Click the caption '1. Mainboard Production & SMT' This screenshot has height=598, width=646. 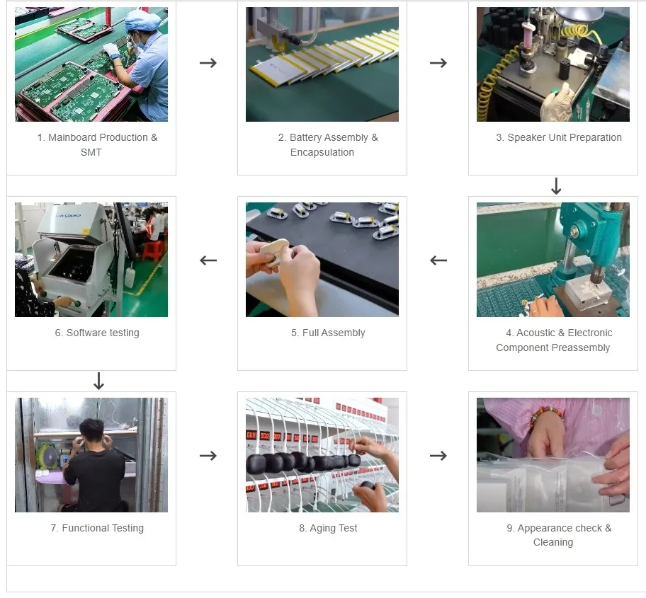[x=97, y=144]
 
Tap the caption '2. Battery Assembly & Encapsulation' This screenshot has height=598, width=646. [x=327, y=144]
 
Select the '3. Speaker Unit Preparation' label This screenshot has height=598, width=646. [x=558, y=137]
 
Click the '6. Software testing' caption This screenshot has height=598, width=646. [x=97, y=333]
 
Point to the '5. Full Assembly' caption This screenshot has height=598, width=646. [x=328, y=333]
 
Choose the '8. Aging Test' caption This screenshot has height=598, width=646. [x=328, y=528]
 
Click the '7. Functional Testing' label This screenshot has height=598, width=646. [x=97, y=528]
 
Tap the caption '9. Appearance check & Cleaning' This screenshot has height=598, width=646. [x=558, y=535]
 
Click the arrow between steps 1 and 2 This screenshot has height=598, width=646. [x=208, y=63]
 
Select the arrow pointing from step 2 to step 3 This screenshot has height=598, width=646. [x=438, y=63]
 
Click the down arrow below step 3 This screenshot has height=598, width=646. [x=556, y=186]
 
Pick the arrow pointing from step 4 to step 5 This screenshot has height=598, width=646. [x=438, y=260]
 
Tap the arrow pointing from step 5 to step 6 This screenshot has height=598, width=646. [x=208, y=260]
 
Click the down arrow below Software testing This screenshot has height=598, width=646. [x=99, y=382]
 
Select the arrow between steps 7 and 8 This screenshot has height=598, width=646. [x=208, y=455]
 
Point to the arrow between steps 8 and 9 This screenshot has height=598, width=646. [x=438, y=455]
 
